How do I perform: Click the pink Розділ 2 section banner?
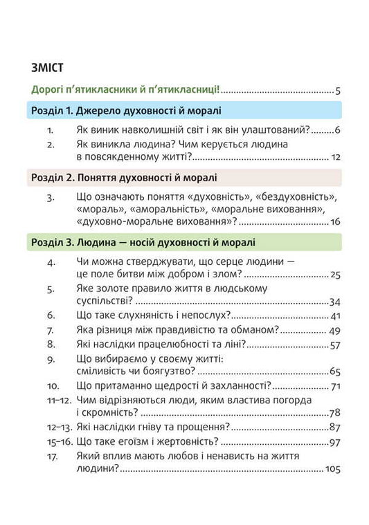point(184,177)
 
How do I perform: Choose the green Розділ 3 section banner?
point(184,242)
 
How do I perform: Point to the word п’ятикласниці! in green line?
point(186,90)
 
